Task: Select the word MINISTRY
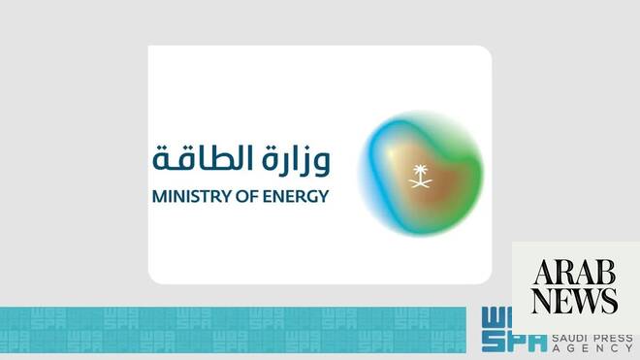pos(188,195)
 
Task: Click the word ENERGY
pos(297,195)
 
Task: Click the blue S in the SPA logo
pos(491,342)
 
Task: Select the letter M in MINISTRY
pos(159,195)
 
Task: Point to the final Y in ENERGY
pos(323,195)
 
